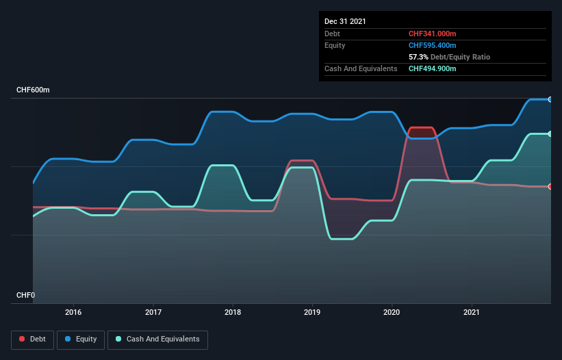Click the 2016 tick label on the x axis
pyautogui.click(x=73, y=312)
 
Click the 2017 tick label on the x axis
pyautogui.click(x=153, y=312)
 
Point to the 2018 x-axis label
pyautogui.click(x=233, y=312)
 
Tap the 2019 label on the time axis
pyautogui.click(x=312, y=312)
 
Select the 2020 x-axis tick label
pyautogui.click(x=392, y=312)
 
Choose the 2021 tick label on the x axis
pyautogui.click(x=472, y=312)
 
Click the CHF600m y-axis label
pyautogui.click(x=33, y=90)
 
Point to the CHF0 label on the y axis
pyautogui.click(x=25, y=296)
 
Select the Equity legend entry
pyautogui.click(x=81, y=339)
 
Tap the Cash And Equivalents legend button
pyautogui.click(x=157, y=339)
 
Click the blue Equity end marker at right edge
pyautogui.click(x=550, y=99)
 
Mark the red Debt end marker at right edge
pyautogui.click(x=550, y=186)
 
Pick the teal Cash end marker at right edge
pyautogui.click(x=550, y=133)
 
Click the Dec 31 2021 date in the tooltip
pyautogui.click(x=345, y=21)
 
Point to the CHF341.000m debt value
pyautogui.click(x=433, y=34)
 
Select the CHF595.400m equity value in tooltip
pyautogui.click(x=433, y=45)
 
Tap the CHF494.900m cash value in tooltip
pyautogui.click(x=433, y=68)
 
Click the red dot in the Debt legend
pyautogui.click(x=23, y=339)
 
